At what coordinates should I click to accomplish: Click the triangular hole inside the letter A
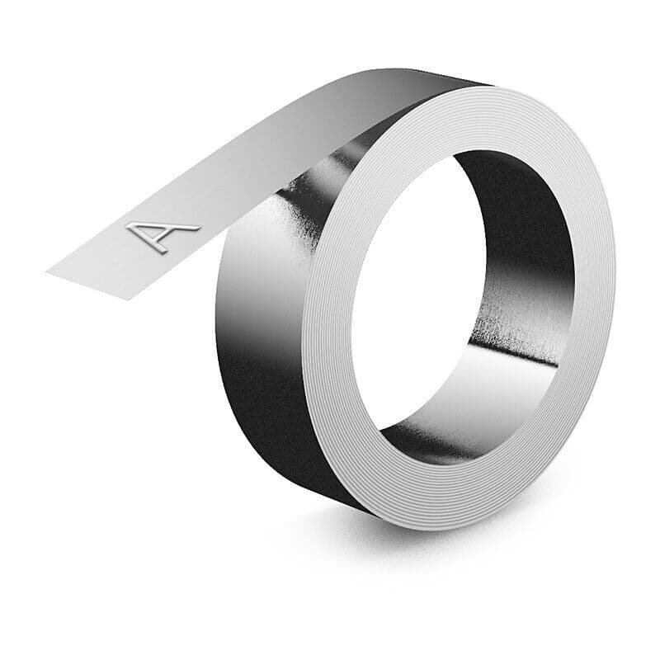click(148, 230)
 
